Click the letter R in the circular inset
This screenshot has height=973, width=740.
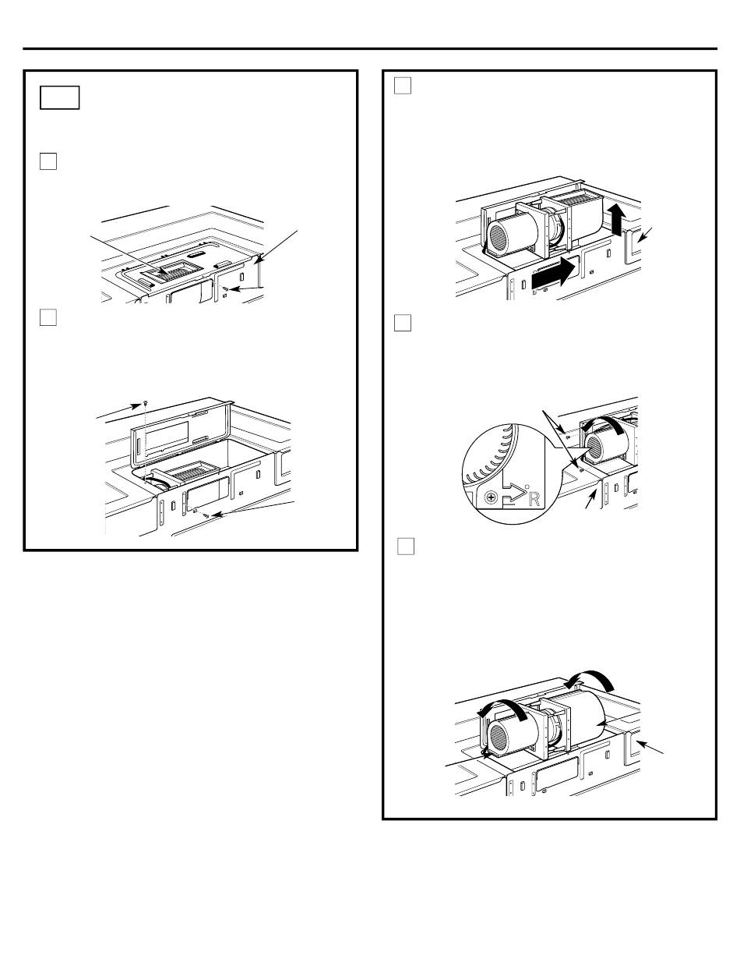(x=534, y=499)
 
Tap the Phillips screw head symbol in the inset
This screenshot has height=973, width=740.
(x=491, y=497)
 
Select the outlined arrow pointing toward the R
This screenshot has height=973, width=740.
(x=513, y=495)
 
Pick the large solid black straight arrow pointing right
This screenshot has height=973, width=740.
(x=555, y=275)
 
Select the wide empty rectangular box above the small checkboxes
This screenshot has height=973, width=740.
(x=59, y=97)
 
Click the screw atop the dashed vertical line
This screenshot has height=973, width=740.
(x=146, y=402)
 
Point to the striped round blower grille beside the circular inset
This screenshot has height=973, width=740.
(x=601, y=448)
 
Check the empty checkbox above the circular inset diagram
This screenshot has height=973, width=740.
(x=403, y=323)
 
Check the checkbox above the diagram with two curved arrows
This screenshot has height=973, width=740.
(x=406, y=547)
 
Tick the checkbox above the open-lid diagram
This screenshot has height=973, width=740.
(x=48, y=317)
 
